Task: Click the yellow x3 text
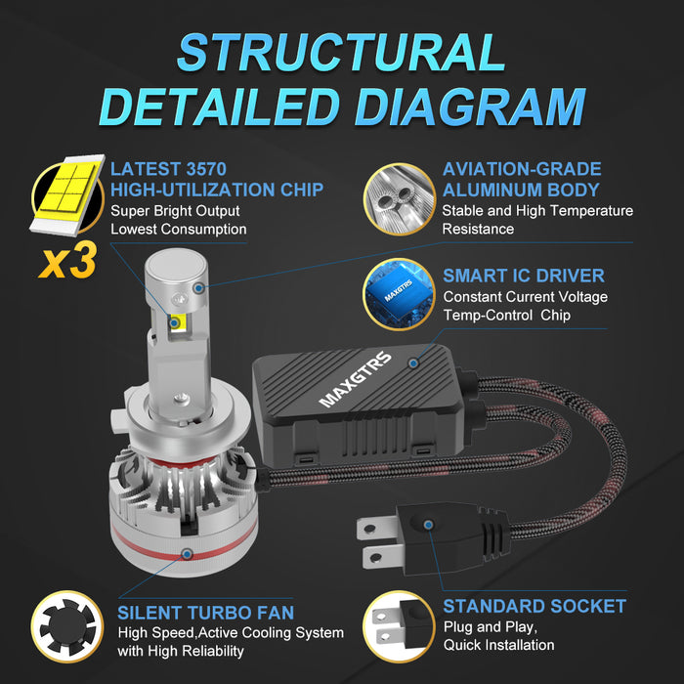67,262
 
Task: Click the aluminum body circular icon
399,198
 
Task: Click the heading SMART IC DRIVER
523,276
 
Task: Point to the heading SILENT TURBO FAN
205,613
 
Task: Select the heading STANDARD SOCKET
534,606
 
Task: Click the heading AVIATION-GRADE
522,169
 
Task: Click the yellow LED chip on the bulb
176,322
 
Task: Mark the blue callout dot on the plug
431,525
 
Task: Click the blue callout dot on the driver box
413,363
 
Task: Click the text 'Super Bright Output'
175,210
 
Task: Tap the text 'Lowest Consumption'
178,229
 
